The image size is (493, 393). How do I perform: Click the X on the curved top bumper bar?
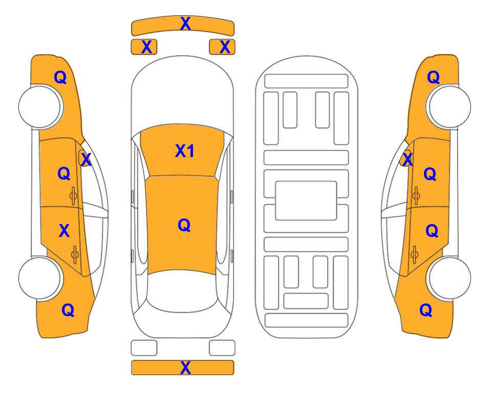pos(185,24)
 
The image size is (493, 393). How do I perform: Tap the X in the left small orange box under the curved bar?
pos(146,47)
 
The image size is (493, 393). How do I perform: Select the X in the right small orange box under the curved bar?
pos(225,47)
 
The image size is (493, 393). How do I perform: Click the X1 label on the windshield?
pos(185,151)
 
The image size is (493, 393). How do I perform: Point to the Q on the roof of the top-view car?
pos(184,225)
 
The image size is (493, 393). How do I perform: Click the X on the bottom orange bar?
pos(185,367)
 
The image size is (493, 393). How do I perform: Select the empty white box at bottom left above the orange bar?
pos(144,348)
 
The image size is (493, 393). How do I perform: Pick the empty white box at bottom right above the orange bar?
pos(222,348)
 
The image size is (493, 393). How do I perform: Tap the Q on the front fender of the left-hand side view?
pos(60,77)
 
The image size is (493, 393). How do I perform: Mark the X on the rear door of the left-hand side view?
pos(64,231)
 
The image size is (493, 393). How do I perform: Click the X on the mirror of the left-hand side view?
pos(86,160)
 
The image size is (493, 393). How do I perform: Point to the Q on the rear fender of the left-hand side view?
pos(68,310)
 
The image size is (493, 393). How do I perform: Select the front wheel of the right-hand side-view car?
pos(449,106)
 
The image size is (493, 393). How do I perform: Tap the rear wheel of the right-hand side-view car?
pos(449,278)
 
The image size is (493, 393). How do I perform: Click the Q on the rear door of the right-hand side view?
pos(432,231)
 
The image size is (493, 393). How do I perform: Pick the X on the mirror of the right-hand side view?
pos(408,159)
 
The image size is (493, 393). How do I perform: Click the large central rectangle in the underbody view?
pos(306,201)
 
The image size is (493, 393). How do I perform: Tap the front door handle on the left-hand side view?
pos(73,196)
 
